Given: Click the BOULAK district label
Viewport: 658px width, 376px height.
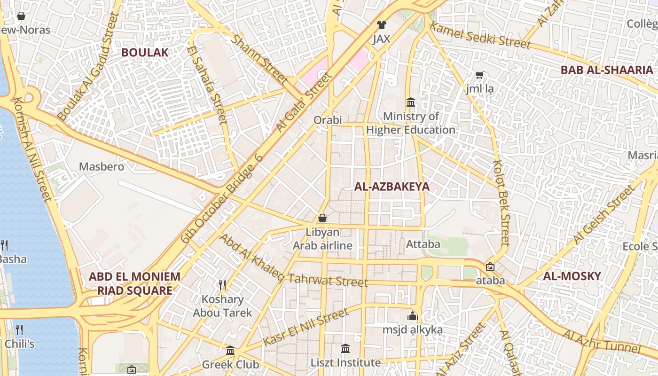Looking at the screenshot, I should [x=145, y=52].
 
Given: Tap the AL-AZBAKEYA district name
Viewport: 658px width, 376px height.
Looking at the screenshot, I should [x=392, y=187].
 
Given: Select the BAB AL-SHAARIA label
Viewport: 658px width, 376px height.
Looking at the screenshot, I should [x=607, y=70].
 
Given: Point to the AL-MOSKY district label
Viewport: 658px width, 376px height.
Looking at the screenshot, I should [x=572, y=276].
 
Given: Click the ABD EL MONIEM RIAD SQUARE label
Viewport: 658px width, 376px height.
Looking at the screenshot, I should [x=134, y=283].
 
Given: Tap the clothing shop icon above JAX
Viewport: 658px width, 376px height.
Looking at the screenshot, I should [x=381, y=25].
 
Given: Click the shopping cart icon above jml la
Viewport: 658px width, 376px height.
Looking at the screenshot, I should [x=480, y=75].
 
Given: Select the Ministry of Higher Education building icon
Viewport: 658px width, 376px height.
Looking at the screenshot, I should [x=411, y=102].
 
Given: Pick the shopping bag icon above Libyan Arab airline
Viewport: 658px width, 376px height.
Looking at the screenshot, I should [x=322, y=218].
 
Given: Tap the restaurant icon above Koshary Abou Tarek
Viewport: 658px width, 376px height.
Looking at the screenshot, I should [x=222, y=285].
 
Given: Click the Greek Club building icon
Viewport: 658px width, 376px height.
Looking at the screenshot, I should [x=230, y=351].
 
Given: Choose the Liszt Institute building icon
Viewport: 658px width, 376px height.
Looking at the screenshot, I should [x=345, y=349].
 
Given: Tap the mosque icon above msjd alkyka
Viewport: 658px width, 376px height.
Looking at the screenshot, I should [x=413, y=316].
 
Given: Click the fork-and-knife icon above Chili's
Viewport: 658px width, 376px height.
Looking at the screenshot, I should [x=19, y=329].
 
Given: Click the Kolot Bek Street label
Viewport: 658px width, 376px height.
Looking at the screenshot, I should [x=501, y=202].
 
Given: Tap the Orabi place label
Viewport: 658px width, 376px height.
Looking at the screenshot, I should [x=328, y=120].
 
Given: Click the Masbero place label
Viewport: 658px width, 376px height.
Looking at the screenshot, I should [x=102, y=166].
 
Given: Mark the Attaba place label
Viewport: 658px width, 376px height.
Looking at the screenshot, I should [x=423, y=244].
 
